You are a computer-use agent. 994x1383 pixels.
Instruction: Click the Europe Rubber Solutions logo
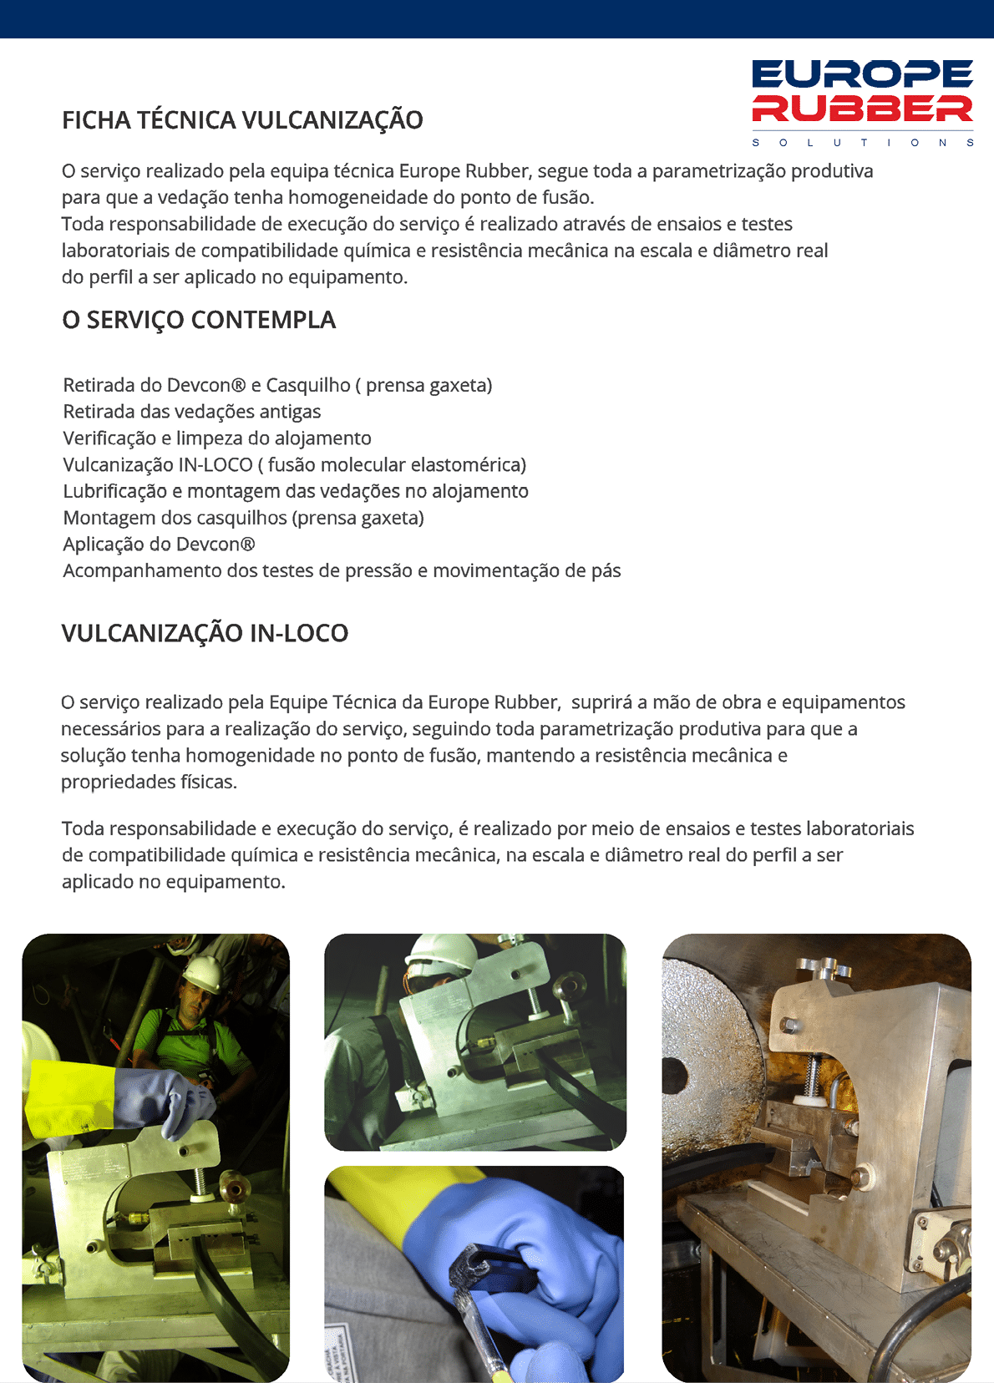click(x=862, y=94)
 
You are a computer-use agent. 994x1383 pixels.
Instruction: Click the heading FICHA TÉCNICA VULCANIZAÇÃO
click(x=242, y=120)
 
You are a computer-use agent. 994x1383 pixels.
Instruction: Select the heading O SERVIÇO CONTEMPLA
click(x=199, y=320)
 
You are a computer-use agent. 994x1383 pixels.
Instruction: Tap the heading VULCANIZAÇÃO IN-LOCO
click(x=205, y=633)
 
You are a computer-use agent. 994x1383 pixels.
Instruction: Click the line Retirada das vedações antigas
click(x=192, y=412)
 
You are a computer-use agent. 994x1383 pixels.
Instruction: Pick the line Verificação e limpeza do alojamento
click(x=217, y=438)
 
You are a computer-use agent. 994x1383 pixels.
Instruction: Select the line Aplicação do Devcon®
click(x=159, y=545)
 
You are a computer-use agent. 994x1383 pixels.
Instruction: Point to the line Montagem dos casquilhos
click(x=243, y=518)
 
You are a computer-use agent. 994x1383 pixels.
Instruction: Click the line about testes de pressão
click(x=342, y=571)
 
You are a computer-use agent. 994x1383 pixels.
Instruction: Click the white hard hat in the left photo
click(x=202, y=973)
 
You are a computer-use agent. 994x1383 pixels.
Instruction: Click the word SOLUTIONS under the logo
click(x=862, y=143)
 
